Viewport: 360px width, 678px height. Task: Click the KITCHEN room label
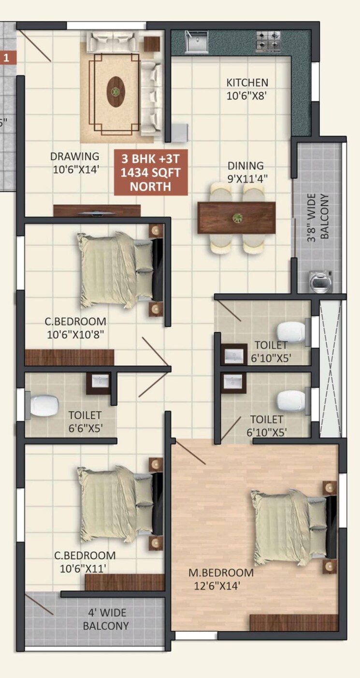(x=247, y=89)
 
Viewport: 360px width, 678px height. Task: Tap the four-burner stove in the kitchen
(x=268, y=41)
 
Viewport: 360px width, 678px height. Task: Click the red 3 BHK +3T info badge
(x=150, y=172)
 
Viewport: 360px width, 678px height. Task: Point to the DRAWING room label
(x=74, y=163)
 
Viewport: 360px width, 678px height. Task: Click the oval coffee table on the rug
(x=116, y=92)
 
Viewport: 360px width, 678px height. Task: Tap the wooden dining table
(x=236, y=218)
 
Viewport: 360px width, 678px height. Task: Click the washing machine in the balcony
(x=321, y=281)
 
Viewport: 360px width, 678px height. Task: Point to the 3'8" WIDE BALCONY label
(x=319, y=217)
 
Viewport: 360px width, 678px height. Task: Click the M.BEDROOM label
(x=221, y=579)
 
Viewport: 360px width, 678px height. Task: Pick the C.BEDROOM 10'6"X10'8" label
(x=75, y=327)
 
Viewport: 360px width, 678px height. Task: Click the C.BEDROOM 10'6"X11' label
(x=85, y=562)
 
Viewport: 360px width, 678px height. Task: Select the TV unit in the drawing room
(x=97, y=211)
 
